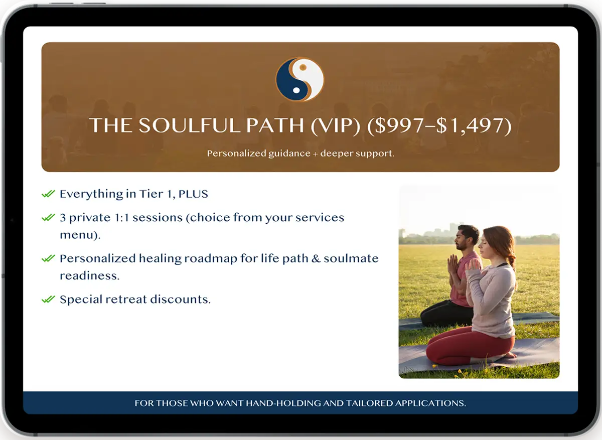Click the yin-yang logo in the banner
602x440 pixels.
coord(300,80)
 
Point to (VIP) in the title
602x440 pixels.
coord(336,125)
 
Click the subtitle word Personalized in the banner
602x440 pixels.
coord(236,154)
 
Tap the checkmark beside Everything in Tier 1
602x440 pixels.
coord(48,194)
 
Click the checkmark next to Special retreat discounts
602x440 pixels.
coord(48,299)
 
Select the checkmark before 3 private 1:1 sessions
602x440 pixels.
coord(48,217)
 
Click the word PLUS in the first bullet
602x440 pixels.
coord(193,194)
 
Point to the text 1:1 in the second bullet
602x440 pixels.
coord(122,217)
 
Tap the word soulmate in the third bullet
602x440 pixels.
coord(351,258)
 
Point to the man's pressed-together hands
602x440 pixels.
coord(453,266)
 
